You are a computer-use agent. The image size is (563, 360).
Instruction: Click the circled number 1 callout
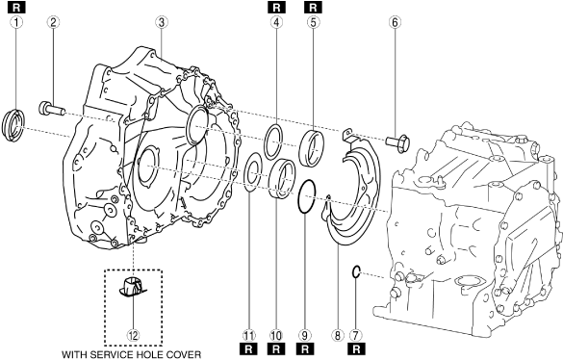click(x=16, y=23)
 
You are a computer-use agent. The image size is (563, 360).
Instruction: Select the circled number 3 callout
click(x=162, y=23)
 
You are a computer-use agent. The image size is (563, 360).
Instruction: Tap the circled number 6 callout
click(x=395, y=23)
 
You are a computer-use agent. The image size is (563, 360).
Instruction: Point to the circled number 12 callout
click(x=133, y=336)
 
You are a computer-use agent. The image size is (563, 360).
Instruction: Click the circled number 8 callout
click(x=337, y=336)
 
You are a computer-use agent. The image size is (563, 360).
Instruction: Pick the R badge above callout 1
click(x=16, y=7)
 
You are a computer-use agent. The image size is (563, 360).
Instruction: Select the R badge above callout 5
click(x=313, y=7)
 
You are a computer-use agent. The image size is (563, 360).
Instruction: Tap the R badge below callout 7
click(x=356, y=348)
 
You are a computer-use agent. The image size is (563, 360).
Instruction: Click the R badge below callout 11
click(x=248, y=348)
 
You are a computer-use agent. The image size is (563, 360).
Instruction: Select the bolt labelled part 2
click(x=52, y=108)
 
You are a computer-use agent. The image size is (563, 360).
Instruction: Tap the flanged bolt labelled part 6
click(x=397, y=142)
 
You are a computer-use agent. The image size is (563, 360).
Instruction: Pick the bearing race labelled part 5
click(x=312, y=149)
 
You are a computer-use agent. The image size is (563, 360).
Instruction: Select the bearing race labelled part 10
click(x=282, y=179)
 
